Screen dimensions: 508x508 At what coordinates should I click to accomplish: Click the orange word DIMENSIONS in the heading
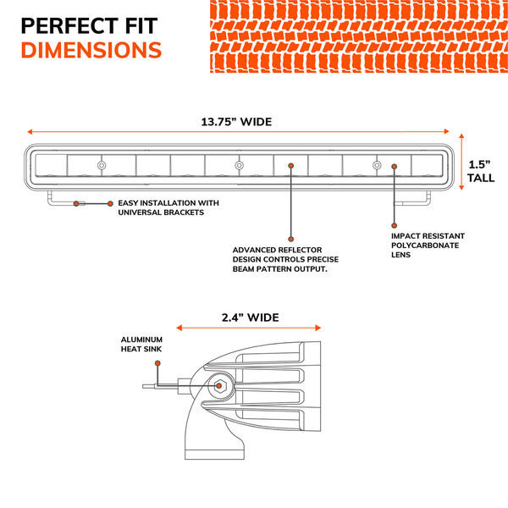click(91, 50)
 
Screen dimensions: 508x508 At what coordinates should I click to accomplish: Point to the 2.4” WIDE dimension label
click(250, 317)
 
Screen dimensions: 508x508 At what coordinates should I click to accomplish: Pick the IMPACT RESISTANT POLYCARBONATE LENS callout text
click(425, 244)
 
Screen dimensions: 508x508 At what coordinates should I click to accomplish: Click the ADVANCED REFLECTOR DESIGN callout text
click(279, 259)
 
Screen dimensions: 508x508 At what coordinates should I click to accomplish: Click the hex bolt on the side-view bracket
click(220, 387)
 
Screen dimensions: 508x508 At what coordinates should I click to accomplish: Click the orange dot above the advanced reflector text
click(290, 238)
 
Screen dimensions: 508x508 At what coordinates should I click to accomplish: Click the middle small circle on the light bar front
click(239, 164)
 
